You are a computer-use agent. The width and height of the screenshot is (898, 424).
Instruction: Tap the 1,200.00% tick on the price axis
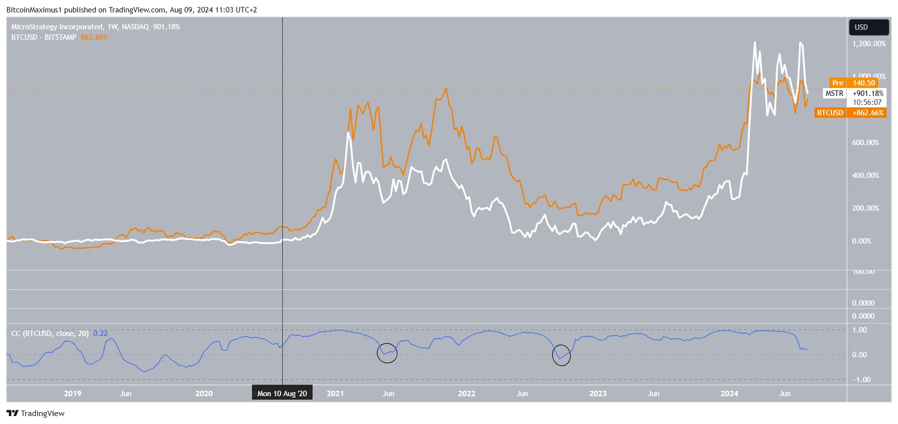coord(869,44)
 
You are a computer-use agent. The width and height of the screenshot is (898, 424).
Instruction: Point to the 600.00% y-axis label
coord(865,143)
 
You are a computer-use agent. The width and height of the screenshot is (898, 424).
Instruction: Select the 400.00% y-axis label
coord(865,175)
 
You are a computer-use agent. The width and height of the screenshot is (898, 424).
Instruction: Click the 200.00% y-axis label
coord(865,208)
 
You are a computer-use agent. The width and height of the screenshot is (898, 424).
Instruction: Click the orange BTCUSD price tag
coord(830,113)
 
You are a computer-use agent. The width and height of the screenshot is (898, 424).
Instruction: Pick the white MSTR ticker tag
coord(834,93)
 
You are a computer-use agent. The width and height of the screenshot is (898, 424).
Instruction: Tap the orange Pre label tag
coord(837,83)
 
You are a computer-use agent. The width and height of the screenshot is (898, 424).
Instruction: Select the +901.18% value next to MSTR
coord(868,93)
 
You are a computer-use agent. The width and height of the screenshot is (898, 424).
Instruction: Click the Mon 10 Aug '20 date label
coord(282,394)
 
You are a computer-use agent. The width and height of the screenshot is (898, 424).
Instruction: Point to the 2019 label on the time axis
coord(73,394)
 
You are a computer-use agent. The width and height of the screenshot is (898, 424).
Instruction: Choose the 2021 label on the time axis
coord(335,394)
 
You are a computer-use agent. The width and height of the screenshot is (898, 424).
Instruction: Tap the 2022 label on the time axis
coord(467,394)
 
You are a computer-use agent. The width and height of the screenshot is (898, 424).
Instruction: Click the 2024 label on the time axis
coord(729,394)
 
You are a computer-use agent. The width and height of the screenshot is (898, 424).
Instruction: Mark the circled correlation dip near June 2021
coord(387,353)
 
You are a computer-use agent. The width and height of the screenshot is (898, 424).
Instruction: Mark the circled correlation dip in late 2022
coord(562,355)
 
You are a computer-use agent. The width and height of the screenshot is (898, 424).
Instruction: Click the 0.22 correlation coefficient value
coord(100,334)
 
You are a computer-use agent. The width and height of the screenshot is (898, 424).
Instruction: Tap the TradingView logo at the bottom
coord(36,414)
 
